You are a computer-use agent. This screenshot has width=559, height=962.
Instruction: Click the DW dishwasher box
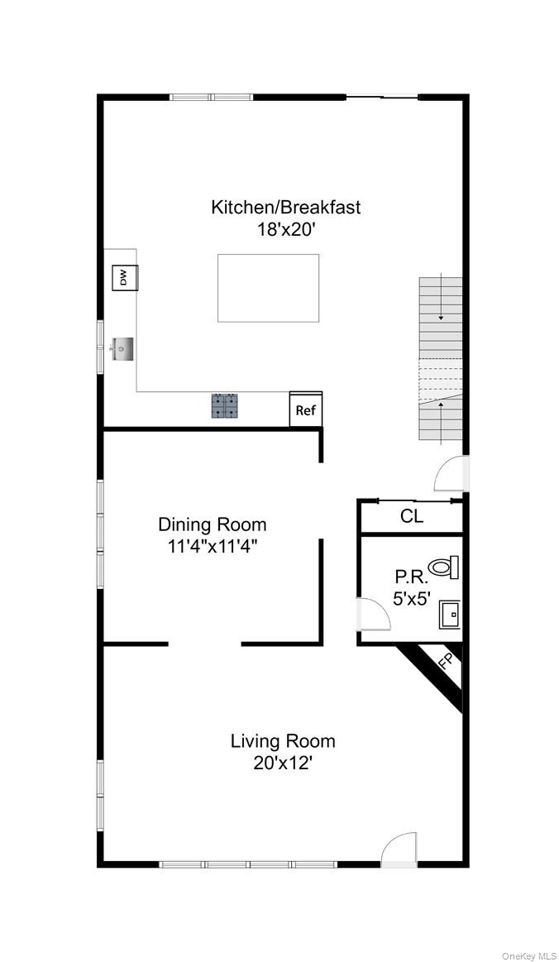[x=125, y=278]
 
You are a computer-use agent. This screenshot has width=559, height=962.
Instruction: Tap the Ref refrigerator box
[x=305, y=410]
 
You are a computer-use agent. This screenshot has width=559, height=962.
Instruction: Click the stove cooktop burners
[x=224, y=405]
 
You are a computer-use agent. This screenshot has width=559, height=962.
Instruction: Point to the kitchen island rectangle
[x=268, y=288]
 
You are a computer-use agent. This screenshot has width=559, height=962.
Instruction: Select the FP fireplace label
[x=444, y=662]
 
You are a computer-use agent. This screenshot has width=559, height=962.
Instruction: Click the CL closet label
[x=412, y=517]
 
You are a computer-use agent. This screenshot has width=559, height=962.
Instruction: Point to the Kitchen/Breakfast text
[x=285, y=207]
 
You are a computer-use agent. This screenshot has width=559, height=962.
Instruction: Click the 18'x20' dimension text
[x=285, y=229]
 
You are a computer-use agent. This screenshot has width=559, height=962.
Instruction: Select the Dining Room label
[x=213, y=524]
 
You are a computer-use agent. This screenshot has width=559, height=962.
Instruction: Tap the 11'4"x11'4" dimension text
[x=213, y=546]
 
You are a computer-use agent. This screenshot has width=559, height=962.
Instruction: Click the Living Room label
[x=283, y=740]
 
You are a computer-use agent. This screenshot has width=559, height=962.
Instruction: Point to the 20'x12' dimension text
[x=283, y=763]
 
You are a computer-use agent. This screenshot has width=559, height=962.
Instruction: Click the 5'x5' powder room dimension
[x=411, y=599]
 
